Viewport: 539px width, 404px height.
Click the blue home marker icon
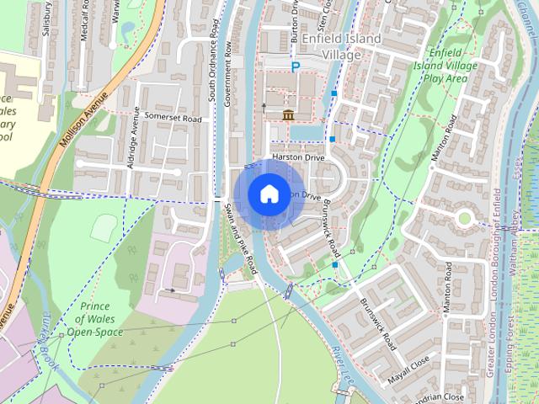[268, 194]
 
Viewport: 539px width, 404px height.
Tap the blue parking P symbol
[295, 66]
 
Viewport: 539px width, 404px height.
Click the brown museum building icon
[288, 114]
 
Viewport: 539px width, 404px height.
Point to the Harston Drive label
[297, 157]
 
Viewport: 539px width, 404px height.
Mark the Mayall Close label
[409, 369]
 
